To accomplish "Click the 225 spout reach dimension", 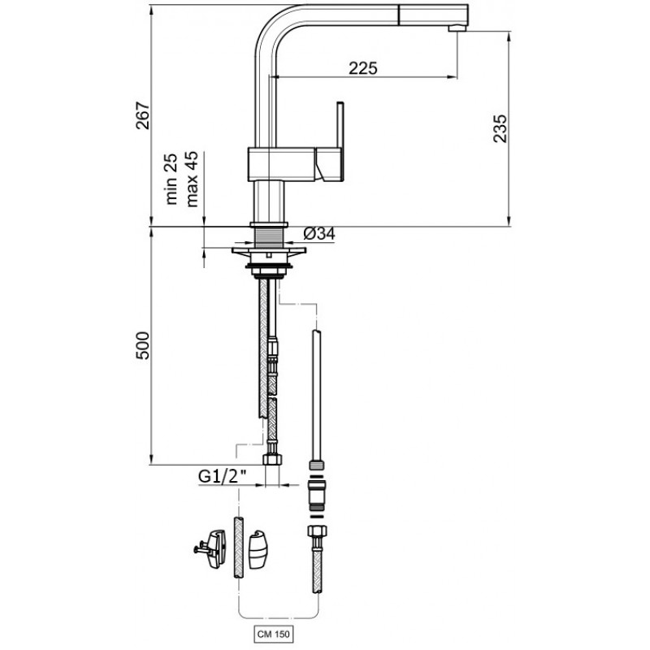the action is [x=363, y=68].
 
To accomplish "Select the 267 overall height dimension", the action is [x=143, y=115].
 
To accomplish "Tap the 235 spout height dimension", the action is [x=500, y=128].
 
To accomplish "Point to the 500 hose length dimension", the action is [x=143, y=344].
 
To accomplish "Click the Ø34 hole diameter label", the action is [x=319, y=234].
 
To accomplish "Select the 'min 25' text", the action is [x=171, y=179].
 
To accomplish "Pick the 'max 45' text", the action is [x=192, y=179].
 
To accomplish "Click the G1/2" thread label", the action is [x=223, y=477].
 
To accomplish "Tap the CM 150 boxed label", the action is [x=274, y=634].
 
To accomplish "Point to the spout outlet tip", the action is [x=457, y=28].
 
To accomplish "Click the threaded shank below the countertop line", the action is [x=269, y=237].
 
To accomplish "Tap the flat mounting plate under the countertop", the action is [x=269, y=250].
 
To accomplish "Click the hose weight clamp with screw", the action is [x=210, y=549].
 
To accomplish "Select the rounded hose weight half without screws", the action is [x=258, y=550].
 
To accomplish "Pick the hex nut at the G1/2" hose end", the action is [x=272, y=459].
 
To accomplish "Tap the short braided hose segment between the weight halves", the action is [x=238, y=547].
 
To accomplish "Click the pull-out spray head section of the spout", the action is [x=433, y=15].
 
